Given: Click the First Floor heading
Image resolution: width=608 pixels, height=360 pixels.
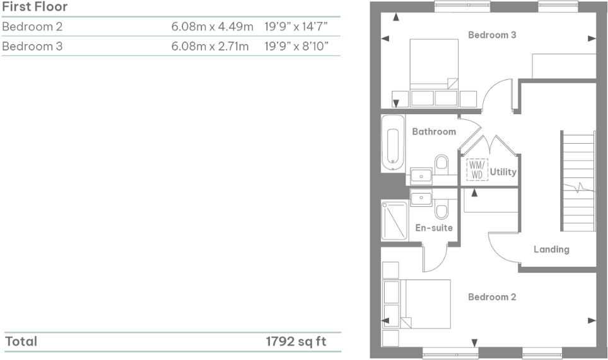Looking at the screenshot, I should [35, 8].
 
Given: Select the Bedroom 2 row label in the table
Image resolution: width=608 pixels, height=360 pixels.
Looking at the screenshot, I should [32, 27].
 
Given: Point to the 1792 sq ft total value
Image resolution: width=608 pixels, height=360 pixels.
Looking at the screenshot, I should [296, 342].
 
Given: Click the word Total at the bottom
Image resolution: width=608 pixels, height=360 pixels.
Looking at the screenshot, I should [21, 342].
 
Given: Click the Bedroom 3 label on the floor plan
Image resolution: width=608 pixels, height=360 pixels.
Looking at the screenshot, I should [492, 35].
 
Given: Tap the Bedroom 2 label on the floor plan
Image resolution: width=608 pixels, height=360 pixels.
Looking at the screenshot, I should [492, 297].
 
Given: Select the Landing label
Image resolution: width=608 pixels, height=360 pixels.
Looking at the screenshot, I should [551, 250].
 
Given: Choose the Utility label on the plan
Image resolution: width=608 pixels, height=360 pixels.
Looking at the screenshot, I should [503, 171].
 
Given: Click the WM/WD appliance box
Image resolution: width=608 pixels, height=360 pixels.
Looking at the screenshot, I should [477, 170].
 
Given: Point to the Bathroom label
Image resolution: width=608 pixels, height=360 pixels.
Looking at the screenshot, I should [434, 132].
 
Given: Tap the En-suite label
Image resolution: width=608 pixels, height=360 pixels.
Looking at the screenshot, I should [434, 228].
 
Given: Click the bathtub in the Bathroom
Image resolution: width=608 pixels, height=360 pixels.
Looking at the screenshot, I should [392, 143].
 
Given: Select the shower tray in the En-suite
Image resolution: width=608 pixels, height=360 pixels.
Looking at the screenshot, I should [395, 220].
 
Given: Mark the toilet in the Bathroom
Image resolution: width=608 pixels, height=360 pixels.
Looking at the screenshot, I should [441, 164].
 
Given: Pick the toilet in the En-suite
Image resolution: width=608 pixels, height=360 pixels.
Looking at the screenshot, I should [441, 208].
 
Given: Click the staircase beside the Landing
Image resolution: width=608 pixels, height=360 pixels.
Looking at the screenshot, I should [578, 182].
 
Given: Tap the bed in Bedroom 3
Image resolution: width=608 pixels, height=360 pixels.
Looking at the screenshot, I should [434, 66].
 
